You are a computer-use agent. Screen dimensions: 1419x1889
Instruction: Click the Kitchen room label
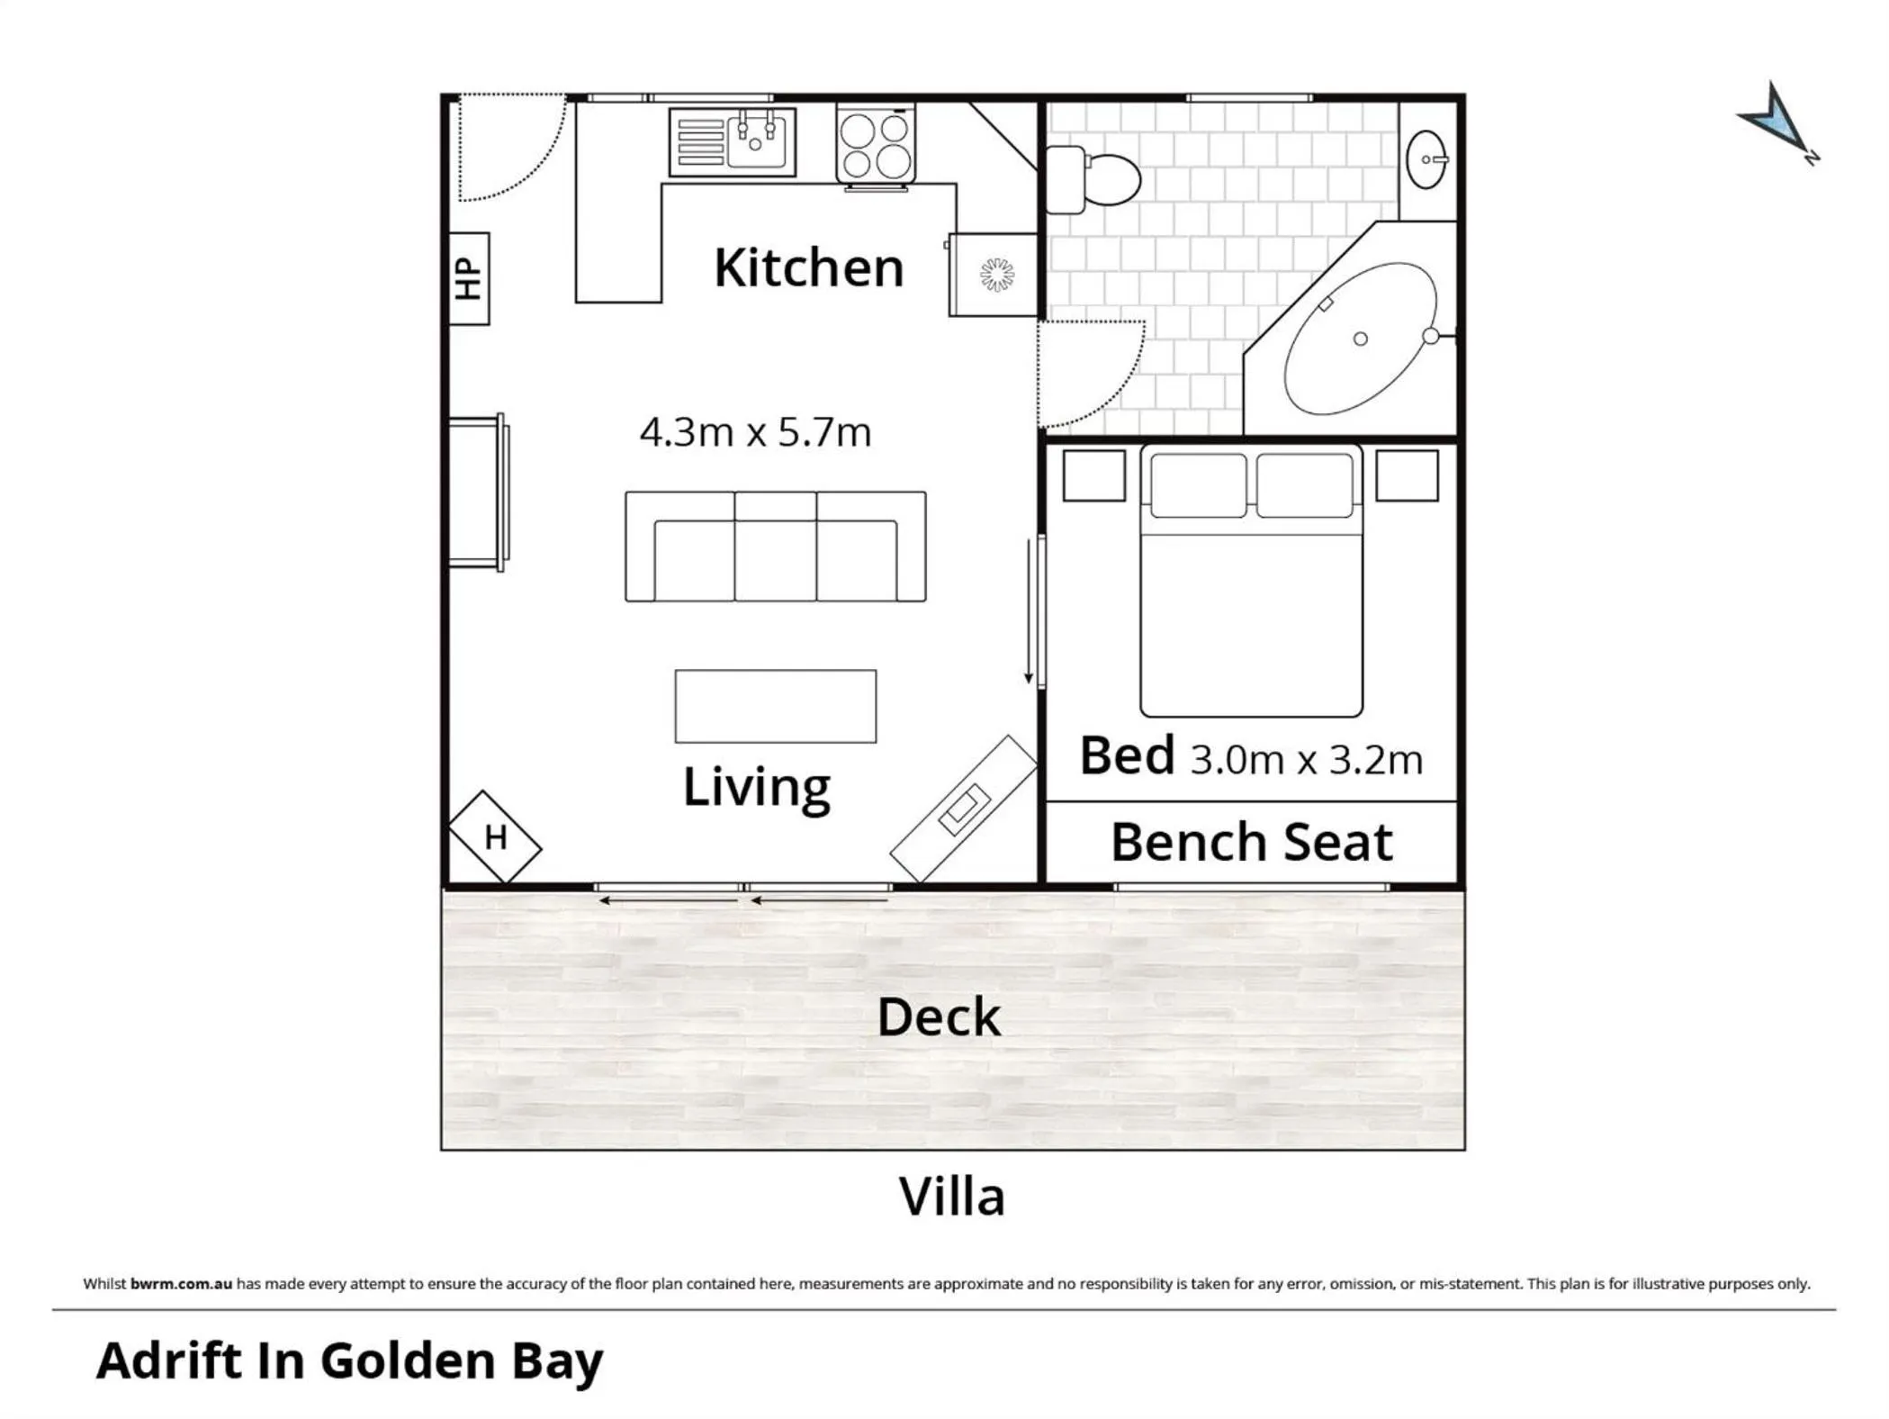pyautogui.click(x=808, y=268)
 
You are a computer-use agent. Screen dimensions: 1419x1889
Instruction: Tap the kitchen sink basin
pyautogui.click(x=756, y=142)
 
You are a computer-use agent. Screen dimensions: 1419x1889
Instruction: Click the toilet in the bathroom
pyautogui.click(x=1094, y=179)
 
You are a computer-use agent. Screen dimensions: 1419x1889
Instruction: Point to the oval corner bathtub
pyautogui.click(x=1359, y=339)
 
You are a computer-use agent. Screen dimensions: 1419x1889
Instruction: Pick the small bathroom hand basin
pyautogui.click(x=1426, y=159)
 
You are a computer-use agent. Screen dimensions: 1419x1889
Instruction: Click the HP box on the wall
pyautogui.click(x=469, y=278)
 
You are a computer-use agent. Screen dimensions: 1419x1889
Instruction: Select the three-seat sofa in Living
pyautogui.click(x=775, y=547)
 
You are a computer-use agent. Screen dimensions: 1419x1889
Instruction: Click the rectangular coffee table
pyautogui.click(x=775, y=706)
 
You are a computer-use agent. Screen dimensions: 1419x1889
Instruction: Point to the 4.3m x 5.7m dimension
pyautogui.click(x=755, y=433)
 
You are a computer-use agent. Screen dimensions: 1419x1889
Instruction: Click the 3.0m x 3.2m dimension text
pyautogui.click(x=1306, y=761)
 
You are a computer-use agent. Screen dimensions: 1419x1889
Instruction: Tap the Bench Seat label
pyautogui.click(x=1251, y=843)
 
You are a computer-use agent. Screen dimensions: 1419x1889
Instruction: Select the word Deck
pyautogui.click(x=938, y=1017)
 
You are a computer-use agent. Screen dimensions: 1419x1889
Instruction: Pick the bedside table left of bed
pyautogui.click(x=1093, y=475)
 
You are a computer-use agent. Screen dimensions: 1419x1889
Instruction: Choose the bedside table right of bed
pyautogui.click(x=1407, y=475)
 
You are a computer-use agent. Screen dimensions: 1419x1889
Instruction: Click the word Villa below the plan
pyautogui.click(x=951, y=1198)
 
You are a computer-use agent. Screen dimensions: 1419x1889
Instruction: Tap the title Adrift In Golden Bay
pyautogui.click(x=349, y=1360)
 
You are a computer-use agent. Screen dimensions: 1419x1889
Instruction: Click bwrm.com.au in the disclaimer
pyautogui.click(x=181, y=1284)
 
